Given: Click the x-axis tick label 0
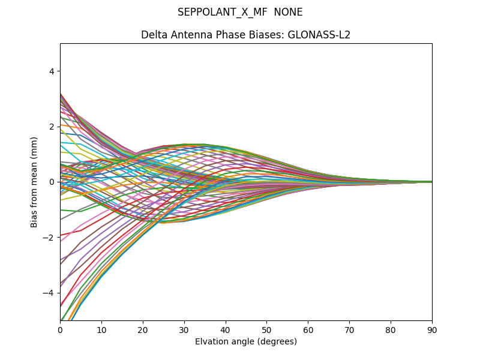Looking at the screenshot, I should click(x=60, y=329).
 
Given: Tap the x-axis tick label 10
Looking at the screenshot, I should click(x=101, y=329).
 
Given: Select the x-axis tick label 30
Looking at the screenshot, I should click(x=184, y=329).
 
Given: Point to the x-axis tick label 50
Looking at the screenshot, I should click(x=266, y=329).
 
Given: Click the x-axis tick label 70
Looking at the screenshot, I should click(x=349, y=329).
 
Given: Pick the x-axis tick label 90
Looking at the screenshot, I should click(x=432, y=329).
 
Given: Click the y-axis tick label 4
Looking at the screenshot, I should click(x=52, y=71).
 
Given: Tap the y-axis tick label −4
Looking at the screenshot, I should click(x=49, y=293).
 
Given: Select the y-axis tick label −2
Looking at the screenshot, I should click(x=49, y=238).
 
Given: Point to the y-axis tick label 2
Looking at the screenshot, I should click(x=52, y=127).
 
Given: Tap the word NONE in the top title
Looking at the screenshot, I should click(x=288, y=12).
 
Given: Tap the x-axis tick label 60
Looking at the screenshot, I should click(x=308, y=329).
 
